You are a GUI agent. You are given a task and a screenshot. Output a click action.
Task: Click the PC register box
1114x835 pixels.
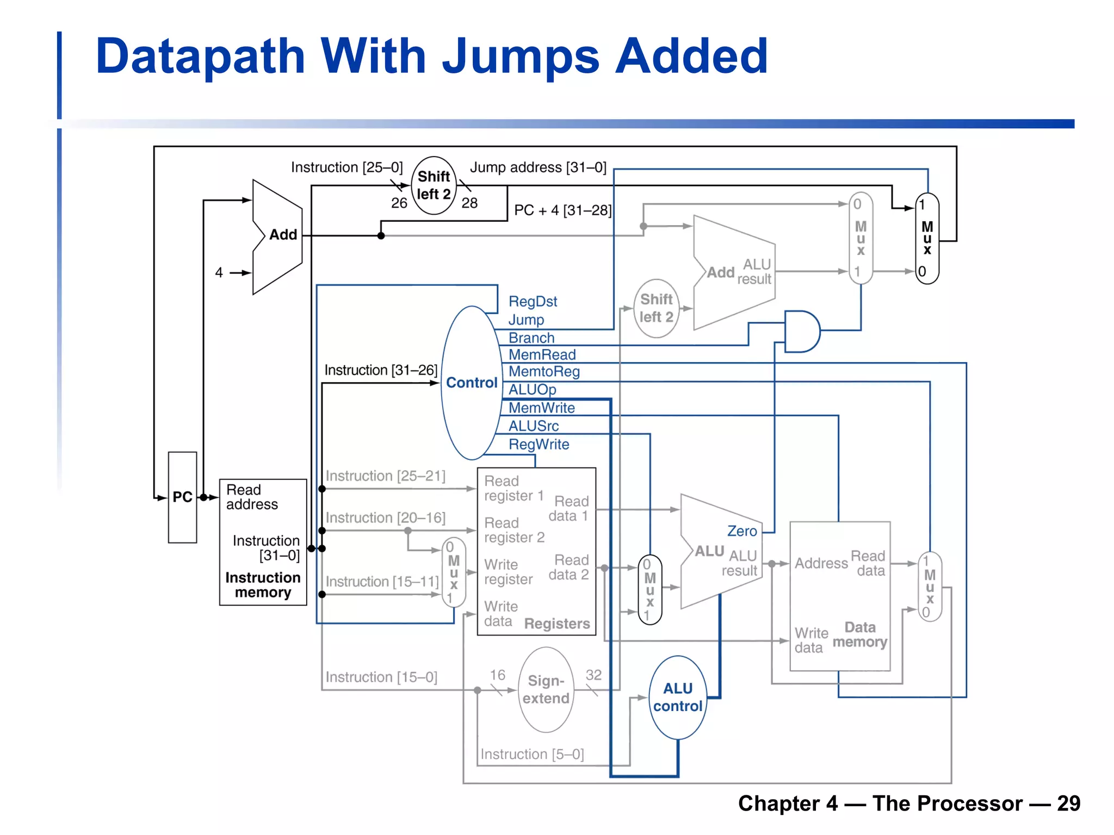point(182,497)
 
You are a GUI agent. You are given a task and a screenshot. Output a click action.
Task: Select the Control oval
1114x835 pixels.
point(471,383)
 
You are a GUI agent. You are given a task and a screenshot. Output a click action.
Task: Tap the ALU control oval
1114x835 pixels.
point(678,697)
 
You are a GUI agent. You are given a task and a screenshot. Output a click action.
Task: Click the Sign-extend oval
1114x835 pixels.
point(546,690)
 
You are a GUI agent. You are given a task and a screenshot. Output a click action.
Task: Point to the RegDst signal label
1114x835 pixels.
point(533,302)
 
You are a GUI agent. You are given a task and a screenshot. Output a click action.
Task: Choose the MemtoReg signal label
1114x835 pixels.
point(544,372)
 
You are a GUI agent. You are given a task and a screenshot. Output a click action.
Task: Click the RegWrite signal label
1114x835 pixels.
point(539,445)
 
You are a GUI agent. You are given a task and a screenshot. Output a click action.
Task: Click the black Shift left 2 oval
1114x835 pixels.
point(434,185)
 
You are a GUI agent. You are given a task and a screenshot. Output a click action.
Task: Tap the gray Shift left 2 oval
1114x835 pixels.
point(657,308)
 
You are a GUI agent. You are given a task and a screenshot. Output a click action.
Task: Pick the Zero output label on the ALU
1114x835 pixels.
point(742,531)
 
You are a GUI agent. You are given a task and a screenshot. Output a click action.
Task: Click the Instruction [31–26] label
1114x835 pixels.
point(381,370)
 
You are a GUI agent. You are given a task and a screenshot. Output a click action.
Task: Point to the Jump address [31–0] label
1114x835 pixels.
point(538,167)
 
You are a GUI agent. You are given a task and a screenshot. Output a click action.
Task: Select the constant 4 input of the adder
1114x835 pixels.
point(219,272)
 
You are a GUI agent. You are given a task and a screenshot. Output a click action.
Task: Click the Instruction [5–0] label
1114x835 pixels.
point(532,755)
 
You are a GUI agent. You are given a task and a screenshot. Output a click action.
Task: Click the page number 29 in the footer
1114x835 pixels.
point(1068,803)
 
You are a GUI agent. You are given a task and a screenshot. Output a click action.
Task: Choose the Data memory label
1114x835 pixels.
point(859,635)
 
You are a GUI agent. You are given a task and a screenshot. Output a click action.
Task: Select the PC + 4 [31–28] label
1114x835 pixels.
point(563,210)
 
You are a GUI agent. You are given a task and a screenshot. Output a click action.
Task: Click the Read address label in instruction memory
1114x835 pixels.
point(251,497)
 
